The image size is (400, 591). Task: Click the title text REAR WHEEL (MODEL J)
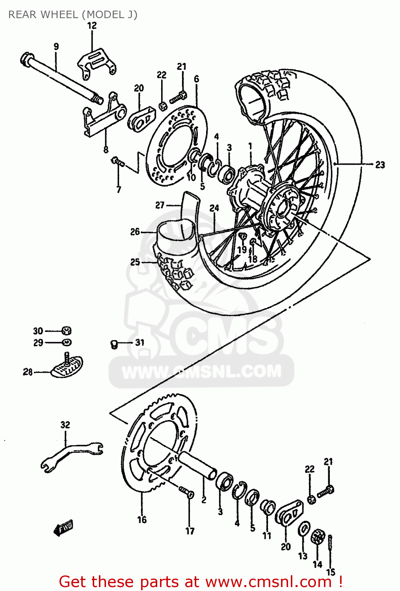pyautogui.click(x=73, y=15)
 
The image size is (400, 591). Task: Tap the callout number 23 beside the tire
pyautogui.click(x=380, y=165)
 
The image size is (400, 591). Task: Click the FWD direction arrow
pyautogui.click(x=63, y=528)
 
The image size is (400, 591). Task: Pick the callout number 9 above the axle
pyautogui.click(x=56, y=46)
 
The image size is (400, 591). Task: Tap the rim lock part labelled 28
pyautogui.click(x=67, y=366)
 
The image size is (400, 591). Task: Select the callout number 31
pyautogui.click(x=140, y=342)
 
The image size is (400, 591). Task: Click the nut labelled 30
pyautogui.click(x=67, y=331)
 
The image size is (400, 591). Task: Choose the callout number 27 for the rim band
pyautogui.click(x=160, y=205)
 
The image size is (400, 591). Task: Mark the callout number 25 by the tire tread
pyautogui.click(x=135, y=262)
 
